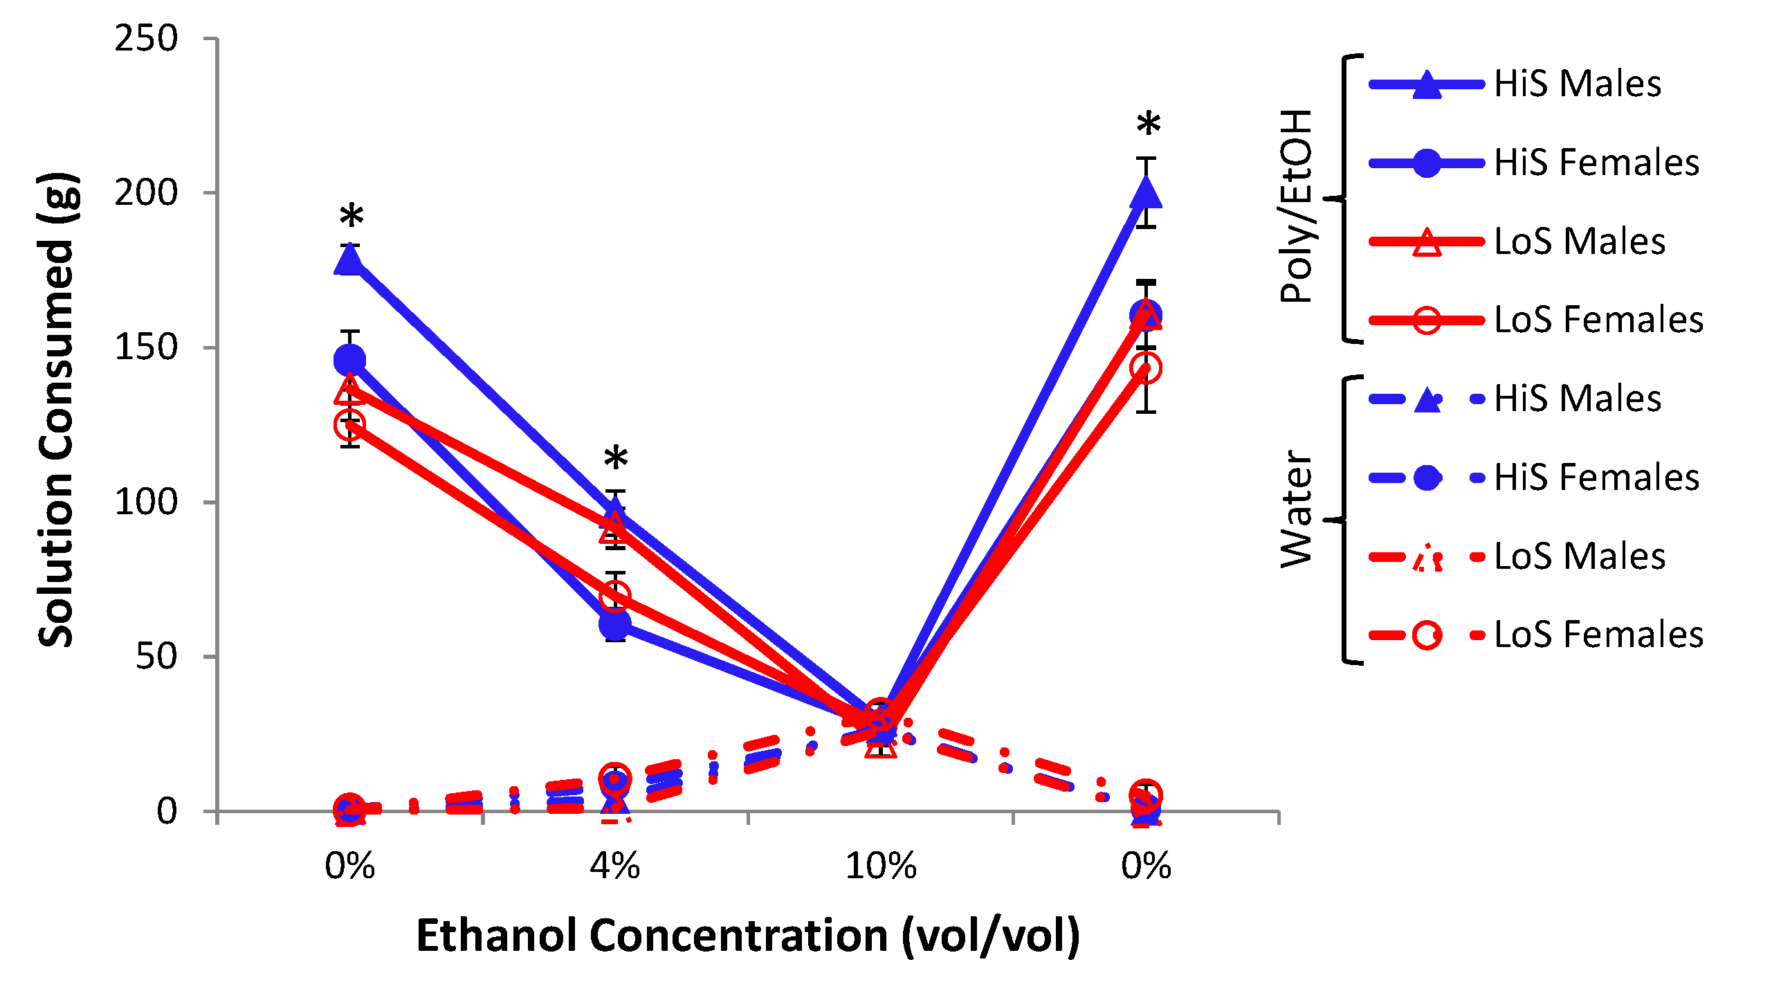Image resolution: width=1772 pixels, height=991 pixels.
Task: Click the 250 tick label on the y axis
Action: (146, 39)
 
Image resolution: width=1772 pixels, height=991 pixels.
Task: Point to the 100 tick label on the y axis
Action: (146, 502)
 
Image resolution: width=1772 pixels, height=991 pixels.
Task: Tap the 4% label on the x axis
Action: (614, 866)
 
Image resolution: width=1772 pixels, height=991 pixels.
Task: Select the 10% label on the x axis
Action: (880, 866)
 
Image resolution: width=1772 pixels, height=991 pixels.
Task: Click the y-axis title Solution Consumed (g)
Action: (57, 410)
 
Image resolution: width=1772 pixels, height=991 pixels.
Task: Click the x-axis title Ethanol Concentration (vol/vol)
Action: (747, 936)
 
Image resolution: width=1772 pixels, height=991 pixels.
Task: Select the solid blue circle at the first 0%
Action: (349, 360)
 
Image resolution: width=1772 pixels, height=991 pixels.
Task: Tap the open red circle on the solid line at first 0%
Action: (349, 424)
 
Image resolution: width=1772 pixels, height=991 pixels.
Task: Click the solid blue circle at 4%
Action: (615, 624)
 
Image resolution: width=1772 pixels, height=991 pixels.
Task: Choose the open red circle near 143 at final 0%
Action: (1146, 367)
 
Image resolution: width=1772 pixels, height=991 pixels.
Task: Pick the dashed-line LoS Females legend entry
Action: (1535, 635)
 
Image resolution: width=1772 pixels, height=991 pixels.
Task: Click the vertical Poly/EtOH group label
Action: (1296, 206)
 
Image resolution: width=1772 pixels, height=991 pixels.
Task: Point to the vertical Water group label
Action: (1296, 509)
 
